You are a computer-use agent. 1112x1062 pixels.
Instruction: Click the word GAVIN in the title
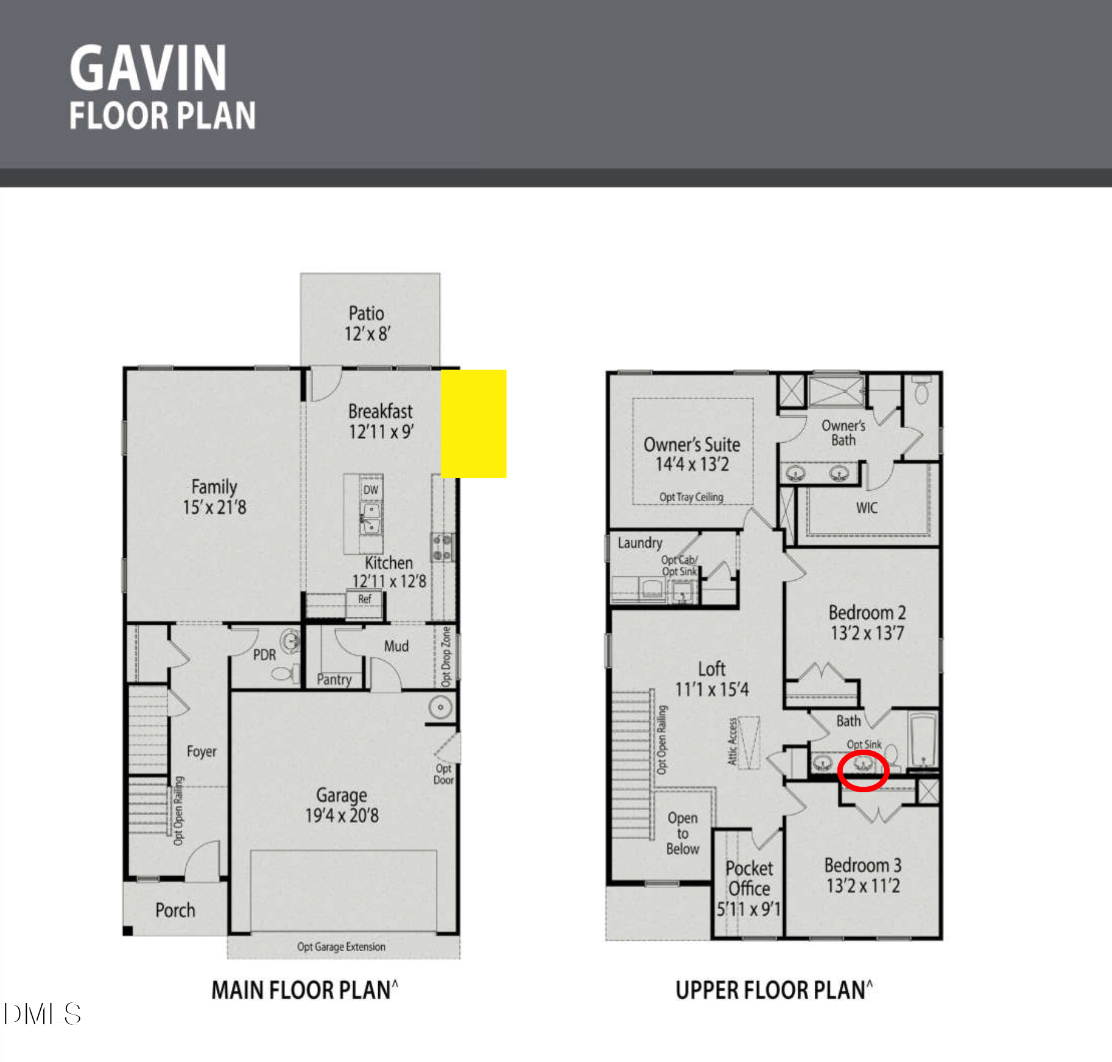click(x=148, y=68)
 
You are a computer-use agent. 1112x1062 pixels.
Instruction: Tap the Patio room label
click(x=366, y=314)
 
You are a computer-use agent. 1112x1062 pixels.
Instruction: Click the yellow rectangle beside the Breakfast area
click(x=473, y=424)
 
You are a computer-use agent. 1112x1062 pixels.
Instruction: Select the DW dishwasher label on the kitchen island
click(x=370, y=490)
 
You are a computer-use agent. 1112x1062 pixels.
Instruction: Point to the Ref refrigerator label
click(x=364, y=599)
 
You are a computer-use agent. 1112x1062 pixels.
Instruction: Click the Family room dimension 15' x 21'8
click(x=214, y=507)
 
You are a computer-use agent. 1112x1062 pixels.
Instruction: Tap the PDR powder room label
click(x=264, y=655)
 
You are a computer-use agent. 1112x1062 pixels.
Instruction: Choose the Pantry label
click(x=334, y=680)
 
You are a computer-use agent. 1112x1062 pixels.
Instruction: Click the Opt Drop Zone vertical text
click(x=446, y=657)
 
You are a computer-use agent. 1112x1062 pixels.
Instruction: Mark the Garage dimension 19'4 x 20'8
click(x=342, y=816)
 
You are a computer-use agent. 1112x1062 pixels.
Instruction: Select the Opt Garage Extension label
click(x=341, y=947)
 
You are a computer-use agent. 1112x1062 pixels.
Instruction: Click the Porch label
click(x=175, y=910)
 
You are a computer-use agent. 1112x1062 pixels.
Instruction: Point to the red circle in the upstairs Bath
click(x=864, y=771)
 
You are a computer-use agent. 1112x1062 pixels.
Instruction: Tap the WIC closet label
click(x=867, y=508)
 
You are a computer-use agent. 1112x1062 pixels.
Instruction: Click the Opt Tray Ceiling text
click(x=691, y=497)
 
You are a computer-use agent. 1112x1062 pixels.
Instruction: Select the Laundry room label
click(x=639, y=543)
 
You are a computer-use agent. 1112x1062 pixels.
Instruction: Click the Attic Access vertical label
click(x=733, y=742)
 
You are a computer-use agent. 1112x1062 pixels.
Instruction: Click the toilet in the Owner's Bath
click(x=921, y=392)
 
